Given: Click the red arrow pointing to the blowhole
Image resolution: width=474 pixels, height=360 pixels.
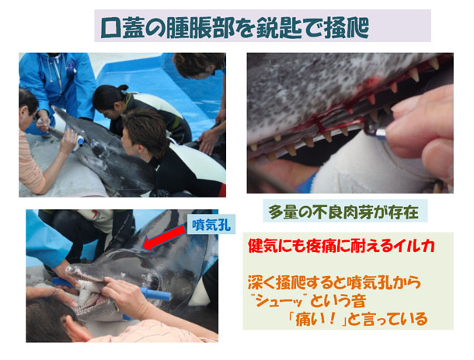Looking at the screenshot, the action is pos(165,237).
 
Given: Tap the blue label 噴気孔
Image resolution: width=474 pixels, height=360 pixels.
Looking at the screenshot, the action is pos(211,225).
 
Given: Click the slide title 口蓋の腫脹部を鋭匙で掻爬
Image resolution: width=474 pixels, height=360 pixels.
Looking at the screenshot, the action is pos(235,28).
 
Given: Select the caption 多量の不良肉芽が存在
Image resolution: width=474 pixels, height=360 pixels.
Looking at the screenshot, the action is pos(343,212).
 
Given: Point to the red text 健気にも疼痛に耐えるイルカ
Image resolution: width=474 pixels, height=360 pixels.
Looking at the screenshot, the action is pos(341,246).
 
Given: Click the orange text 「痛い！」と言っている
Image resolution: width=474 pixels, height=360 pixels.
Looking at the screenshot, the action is pos(357,319).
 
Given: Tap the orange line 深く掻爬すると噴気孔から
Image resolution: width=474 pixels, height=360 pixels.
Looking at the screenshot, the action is pos(334,282).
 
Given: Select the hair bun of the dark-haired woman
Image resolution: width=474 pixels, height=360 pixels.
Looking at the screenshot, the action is pos(123,88).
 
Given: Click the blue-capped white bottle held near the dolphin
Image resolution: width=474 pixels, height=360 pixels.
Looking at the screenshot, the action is pos(78,143).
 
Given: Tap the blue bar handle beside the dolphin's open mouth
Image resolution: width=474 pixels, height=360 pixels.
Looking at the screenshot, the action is pos(155,293).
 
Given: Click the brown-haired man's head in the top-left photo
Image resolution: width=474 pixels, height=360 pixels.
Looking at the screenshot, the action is pos(143,132).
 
